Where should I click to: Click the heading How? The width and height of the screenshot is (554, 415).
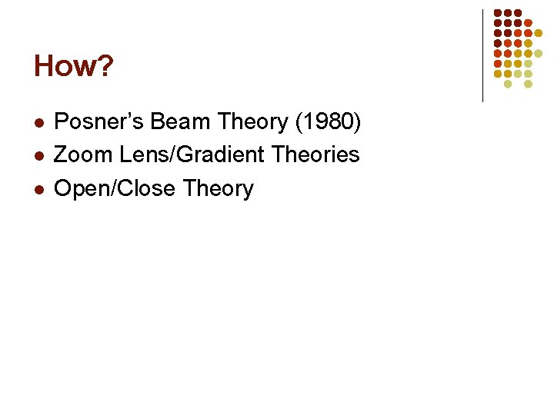73,67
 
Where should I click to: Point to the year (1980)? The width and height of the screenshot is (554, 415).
330,121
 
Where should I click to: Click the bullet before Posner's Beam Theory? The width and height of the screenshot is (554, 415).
38,122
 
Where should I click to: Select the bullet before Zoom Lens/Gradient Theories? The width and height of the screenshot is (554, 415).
38,155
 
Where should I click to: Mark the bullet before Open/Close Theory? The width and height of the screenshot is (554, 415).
38,189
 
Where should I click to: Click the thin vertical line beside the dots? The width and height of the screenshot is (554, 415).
482,55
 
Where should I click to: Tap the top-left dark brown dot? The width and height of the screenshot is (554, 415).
498,14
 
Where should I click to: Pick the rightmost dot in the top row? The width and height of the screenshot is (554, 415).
518,14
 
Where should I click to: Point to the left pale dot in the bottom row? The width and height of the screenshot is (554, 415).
508,84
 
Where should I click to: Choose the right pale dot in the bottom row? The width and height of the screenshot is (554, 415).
528,84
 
